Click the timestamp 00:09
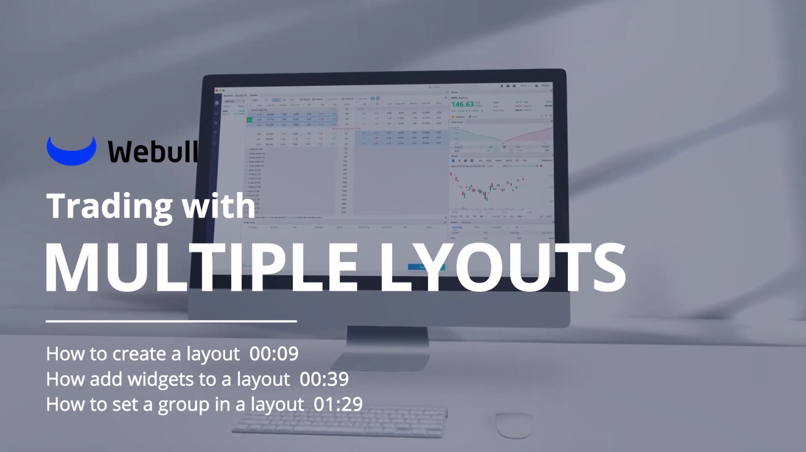click(274, 354)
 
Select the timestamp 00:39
click(324, 379)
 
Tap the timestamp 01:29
click(338, 404)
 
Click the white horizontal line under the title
click(171, 322)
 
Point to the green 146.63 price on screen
click(462, 104)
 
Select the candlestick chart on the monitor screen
click(489, 189)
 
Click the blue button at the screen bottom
click(426, 267)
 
